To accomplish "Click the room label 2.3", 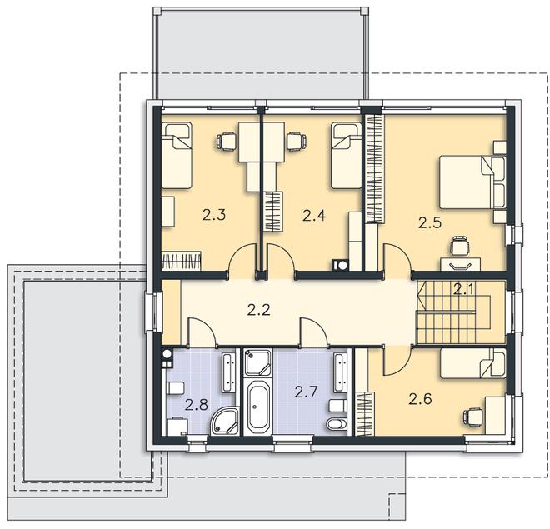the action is [x=213, y=215].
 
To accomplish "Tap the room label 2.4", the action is [x=314, y=215].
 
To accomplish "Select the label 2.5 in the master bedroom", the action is [x=430, y=222].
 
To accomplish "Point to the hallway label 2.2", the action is [x=259, y=310].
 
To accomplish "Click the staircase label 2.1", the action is [x=463, y=290].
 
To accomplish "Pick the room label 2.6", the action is [x=420, y=399].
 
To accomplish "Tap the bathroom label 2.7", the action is [x=306, y=392].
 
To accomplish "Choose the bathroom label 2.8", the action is [x=197, y=405].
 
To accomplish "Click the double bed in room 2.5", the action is [x=472, y=182].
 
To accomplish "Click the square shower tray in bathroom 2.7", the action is [x=257, y=362].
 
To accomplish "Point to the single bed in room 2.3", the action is [x=177, y=156].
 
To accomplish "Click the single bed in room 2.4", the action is [x=347, y=156].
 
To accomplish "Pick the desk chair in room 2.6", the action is [x=472, y=417].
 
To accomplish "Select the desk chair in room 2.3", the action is [x=226, y=142].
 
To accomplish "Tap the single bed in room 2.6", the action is [x=473, y=363].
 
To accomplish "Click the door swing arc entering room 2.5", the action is [x=402, y=252].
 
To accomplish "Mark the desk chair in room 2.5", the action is [x=460, y=245].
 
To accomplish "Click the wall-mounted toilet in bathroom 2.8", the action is [x=175, y=388].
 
